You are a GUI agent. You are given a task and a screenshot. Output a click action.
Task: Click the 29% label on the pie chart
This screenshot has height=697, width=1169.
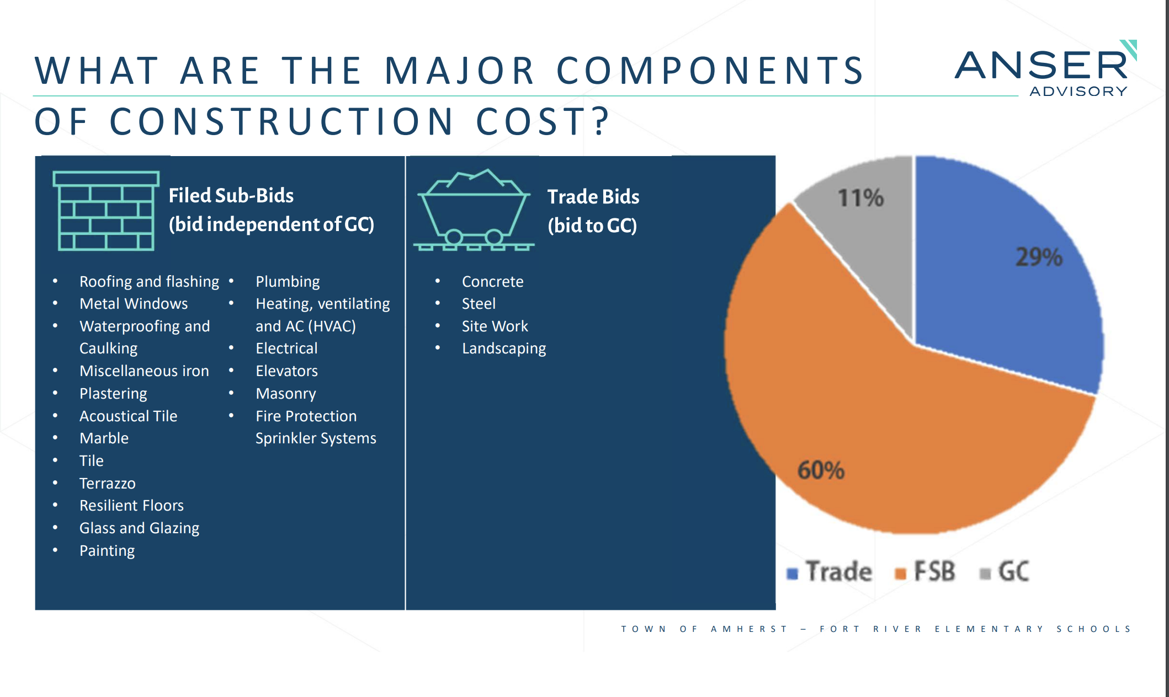(x=1038, y=258)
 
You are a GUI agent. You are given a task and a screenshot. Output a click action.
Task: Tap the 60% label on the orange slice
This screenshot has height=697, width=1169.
(x=821, y=471)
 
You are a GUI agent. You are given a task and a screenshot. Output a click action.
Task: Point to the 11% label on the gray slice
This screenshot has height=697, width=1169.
(x=860, y=198)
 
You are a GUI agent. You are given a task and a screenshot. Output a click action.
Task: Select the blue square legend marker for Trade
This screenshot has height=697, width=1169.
(x=793, y=574)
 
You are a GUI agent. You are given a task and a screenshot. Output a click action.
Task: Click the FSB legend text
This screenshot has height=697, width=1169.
(x=934, y=571)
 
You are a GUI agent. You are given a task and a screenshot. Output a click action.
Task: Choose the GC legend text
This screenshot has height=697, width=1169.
(x=1013, y=571)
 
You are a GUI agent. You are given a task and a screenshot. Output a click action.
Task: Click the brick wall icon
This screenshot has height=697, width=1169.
(x=105, y=211)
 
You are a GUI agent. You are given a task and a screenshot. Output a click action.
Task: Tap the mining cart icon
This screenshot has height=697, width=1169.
(x=474, y=211)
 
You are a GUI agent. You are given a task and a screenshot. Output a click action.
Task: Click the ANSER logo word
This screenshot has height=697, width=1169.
(x=1041, y=66)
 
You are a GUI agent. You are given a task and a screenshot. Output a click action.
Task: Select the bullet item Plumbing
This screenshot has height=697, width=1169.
(x=288, y=282)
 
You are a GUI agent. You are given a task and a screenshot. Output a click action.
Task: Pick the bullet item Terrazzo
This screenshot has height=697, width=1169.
(x=107, y=484)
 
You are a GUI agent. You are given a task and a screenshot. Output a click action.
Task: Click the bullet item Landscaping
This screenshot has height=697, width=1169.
(x=503, y=349)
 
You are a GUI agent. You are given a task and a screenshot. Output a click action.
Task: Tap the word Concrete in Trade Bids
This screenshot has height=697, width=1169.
(x=492, y=282)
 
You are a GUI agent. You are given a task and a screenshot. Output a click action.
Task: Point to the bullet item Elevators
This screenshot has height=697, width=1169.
(x=286, y=371)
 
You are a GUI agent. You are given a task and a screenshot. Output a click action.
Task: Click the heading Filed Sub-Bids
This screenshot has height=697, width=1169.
(x=231, y=196)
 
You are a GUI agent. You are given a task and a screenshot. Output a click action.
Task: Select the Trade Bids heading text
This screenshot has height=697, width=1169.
(x=593, y=197)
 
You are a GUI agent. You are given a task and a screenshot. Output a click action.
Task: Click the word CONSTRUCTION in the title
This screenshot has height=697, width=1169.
(x=281, y=122)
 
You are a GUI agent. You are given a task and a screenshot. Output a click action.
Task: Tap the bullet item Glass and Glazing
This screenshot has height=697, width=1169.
(x=139, y=528)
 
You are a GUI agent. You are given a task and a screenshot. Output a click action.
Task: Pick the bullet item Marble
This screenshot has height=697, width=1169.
(x=104, y=438)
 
